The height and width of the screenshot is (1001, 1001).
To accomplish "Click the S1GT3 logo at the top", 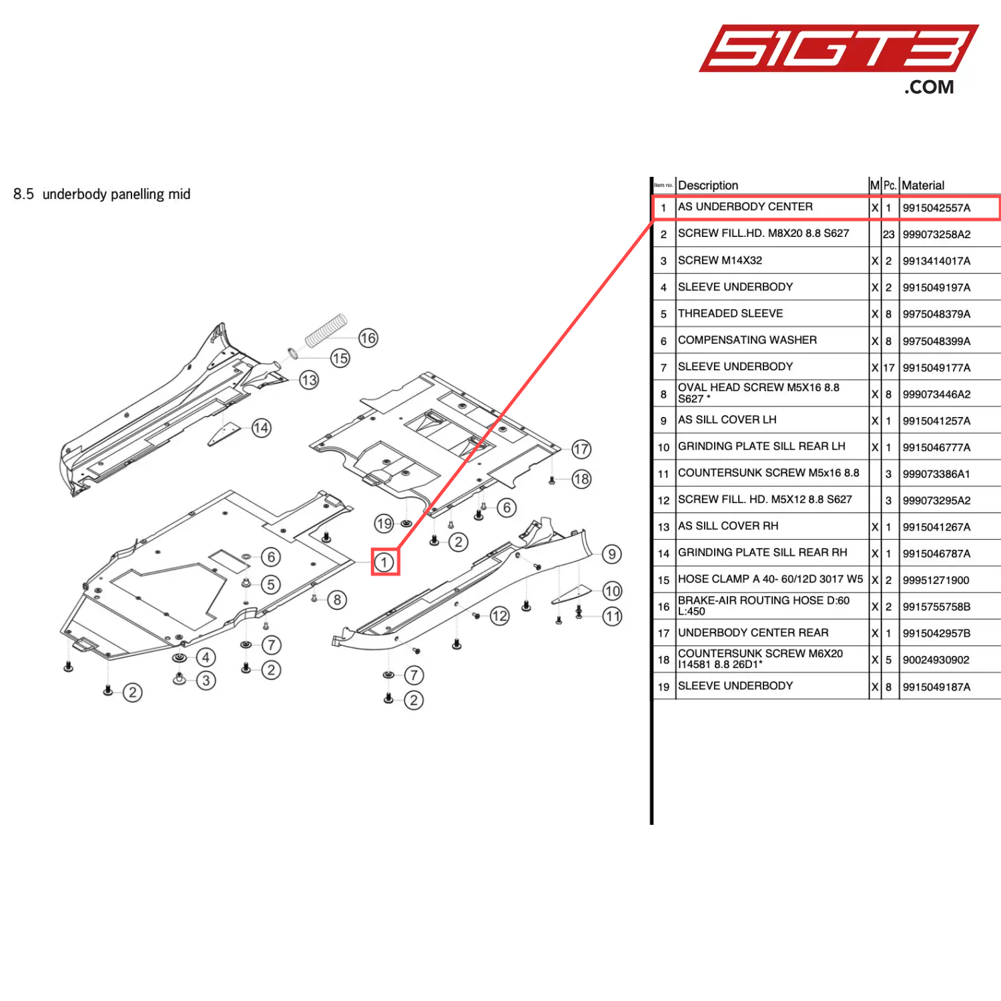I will point(838,50).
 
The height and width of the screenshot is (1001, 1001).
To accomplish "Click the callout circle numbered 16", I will point(368,338).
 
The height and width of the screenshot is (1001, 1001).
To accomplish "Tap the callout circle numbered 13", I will point(308,380).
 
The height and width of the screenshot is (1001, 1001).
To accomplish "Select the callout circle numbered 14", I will point(261,428).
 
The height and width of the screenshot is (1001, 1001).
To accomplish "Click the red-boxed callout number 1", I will point(384,562).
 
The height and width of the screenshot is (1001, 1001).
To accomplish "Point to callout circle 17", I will point(581,449).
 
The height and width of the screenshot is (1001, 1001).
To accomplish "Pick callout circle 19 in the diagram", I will point(384,523).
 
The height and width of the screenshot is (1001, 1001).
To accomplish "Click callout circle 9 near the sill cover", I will point(611,554).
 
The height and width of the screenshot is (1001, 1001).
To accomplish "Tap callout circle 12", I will point(499,616).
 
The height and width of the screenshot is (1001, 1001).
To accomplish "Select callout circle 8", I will point(337,600).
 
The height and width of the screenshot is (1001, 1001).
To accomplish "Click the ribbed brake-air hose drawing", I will point(326,330).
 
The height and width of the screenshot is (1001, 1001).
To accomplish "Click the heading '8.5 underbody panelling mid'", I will point(101,194).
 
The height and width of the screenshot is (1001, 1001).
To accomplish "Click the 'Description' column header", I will point(708,186).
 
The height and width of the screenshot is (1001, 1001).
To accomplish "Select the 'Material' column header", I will point(923,186).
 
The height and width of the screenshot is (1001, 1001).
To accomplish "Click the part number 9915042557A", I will point(936,208).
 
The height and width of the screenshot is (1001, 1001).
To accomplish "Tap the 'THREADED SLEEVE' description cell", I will point(730,314).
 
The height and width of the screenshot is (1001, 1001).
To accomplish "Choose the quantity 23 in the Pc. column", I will point(888,235).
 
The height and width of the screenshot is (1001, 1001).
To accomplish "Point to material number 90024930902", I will point(936,660).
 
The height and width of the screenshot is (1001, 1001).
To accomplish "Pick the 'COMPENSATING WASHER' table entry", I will point(747,340).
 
